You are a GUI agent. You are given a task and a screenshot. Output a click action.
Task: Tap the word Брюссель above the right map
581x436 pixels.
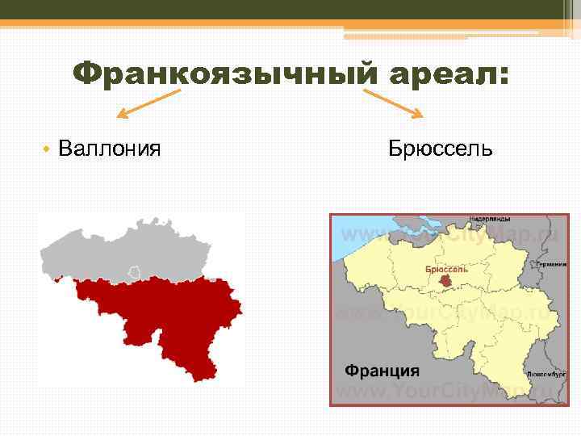click(440, 149)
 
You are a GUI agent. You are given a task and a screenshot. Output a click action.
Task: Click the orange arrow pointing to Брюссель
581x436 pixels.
click(394, 103)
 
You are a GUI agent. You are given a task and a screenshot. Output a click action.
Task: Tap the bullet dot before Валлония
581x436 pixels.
click(48, 149)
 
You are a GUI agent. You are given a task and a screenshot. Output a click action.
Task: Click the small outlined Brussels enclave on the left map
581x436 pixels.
click(135, 272)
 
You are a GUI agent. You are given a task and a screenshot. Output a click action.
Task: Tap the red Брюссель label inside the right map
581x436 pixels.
click(446, 269)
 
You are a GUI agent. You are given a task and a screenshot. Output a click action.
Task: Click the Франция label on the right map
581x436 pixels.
click(382, 371)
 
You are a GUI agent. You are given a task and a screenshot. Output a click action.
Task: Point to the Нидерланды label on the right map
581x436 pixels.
click(489, 219)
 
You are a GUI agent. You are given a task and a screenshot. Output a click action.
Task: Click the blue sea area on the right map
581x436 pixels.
click(355, 230)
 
